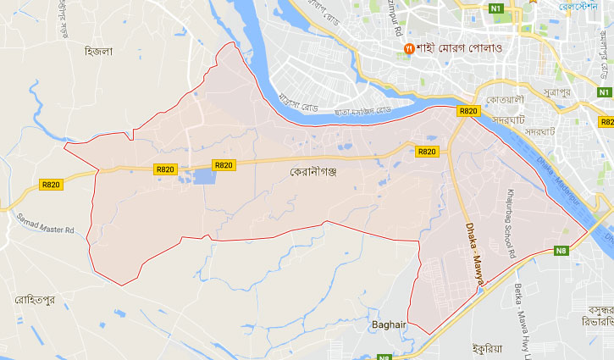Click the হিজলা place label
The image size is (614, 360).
pyautogui.click(x=99, y=51)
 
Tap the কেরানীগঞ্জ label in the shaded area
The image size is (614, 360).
pyautogui.click(x=314, y=170)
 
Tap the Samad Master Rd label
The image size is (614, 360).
pyautogui.click(x=45, y=223)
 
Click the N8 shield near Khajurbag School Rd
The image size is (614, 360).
pyautogui.click(x=561, y=250)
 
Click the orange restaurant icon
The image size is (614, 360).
pyautogui.click(x=409, y=47)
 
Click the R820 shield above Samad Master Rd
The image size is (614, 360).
pyautogui.click(x=51, y=185)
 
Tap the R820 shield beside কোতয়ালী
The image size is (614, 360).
pyautogui.click(x=468, y=111)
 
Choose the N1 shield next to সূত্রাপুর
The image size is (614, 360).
pyautogui.click(x=604, y=91)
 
